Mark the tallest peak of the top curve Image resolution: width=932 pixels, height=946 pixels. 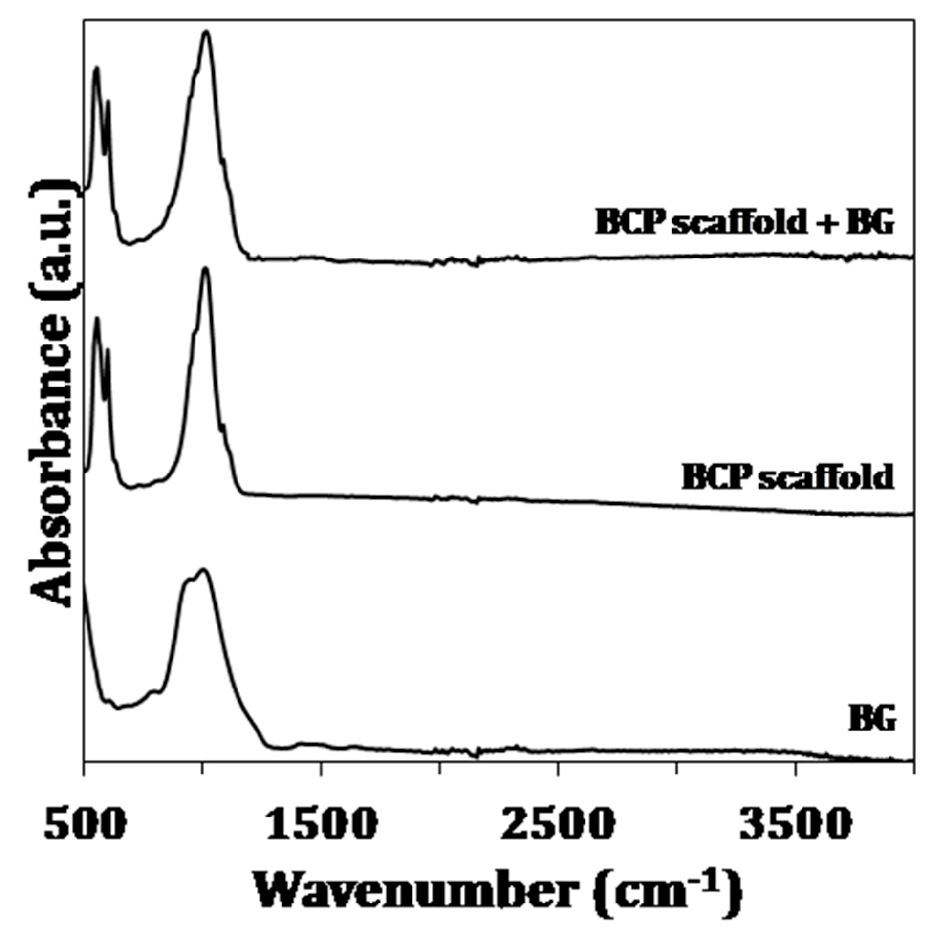coord(207,32)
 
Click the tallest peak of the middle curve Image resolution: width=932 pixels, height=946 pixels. coord(205,269)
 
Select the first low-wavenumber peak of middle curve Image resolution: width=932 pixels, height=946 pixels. coord(96,319)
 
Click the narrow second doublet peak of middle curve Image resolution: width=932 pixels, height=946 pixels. coord(108,350)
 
